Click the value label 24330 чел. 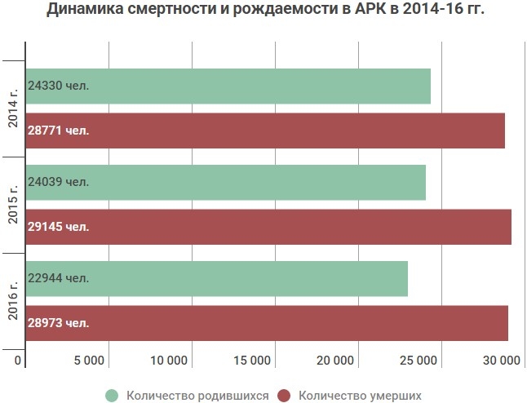click(x=58, y=86)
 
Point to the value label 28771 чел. click(x=58, y=130)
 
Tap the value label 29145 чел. click(x=58, y=226)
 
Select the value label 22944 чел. click(x=58, y=278)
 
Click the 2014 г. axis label click(x=14, y=108)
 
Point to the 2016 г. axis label click(x=14, y=300)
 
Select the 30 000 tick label click(x=500, y=361)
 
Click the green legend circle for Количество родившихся click(x=112, y=396)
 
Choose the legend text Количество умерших click(x=360, y=396)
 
